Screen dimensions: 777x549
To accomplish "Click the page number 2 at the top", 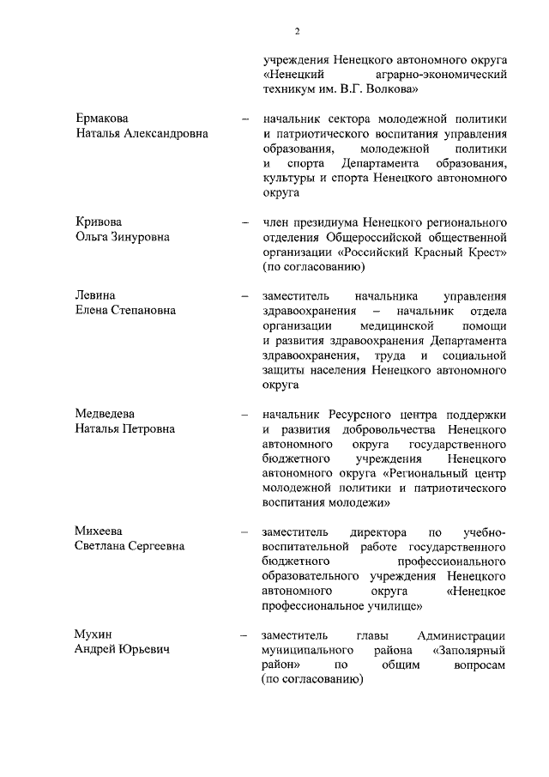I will click(297, 32).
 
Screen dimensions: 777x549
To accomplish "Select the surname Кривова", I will click(100, 222).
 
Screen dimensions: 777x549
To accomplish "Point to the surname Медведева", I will click(106, 413).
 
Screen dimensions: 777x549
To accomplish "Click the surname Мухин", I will click(94, 634).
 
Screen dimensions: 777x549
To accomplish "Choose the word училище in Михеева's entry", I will click(393, 605).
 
